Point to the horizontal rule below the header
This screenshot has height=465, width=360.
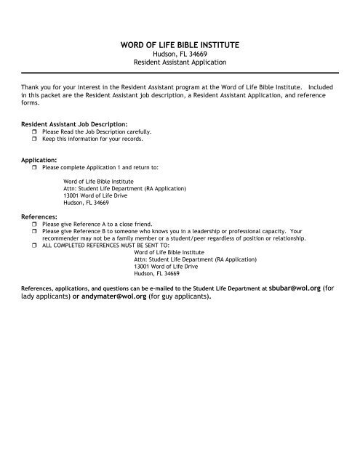tap(180, 73)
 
